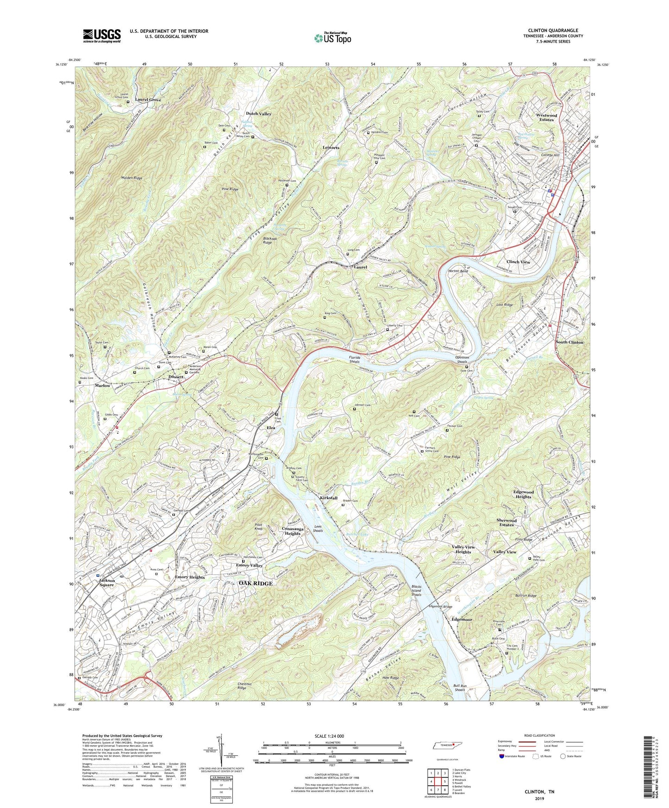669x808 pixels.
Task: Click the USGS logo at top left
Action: click(102, 36)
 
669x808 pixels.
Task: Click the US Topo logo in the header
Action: click(332, 38)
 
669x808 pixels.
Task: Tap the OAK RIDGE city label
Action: click(255, 583)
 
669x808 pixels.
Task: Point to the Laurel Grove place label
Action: click(148, 99)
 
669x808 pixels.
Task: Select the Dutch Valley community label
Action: click(258, 113)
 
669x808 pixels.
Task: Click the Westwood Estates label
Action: click(546, 117)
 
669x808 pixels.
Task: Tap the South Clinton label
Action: click(569, 342)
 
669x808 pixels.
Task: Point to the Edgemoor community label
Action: click(462, 619)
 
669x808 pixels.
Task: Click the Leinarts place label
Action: click(331, 148)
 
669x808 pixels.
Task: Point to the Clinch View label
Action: click(518, 262)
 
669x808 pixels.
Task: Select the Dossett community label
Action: click(175, 377)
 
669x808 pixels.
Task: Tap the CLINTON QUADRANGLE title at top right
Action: click(553, 31)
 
